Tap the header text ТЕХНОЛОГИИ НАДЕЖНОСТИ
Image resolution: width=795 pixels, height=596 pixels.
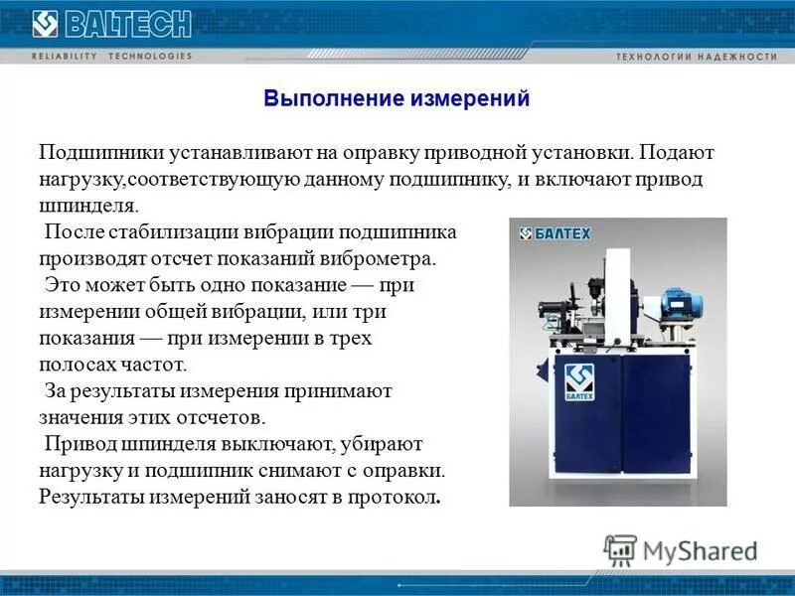[697, 57]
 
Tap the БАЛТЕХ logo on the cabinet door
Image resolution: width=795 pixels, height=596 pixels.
[577, 382]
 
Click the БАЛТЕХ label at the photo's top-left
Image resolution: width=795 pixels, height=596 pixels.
[556, 234]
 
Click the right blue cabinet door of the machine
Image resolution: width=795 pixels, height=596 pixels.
[657, 417]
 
